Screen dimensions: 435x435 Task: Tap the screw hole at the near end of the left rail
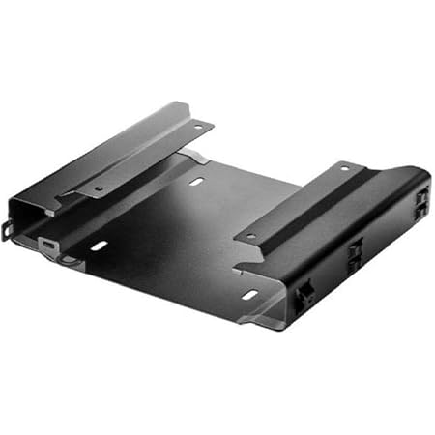click(98, 188)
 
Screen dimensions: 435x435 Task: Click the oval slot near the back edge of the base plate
click(197, 181)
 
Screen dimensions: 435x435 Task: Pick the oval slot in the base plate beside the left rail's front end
click(99, 246)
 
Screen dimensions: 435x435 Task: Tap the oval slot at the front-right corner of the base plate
click(250, 294)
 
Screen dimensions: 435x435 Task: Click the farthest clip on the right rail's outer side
click(421, 202)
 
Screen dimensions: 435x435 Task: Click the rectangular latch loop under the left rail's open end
click(48, 248)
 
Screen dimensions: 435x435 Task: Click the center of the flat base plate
click(179, 237)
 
